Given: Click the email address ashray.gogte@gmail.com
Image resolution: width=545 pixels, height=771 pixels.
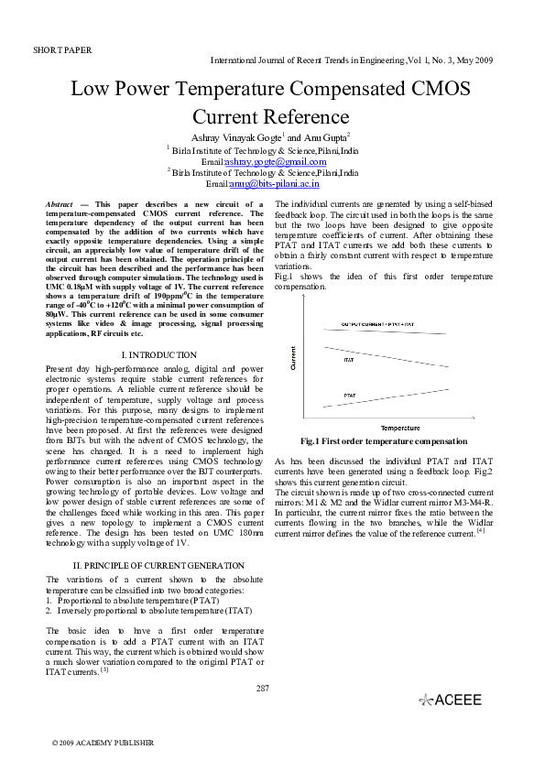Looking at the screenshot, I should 282,161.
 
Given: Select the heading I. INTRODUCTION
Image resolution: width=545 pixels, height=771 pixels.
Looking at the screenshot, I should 158,354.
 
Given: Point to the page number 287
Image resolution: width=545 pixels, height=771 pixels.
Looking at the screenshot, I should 263,688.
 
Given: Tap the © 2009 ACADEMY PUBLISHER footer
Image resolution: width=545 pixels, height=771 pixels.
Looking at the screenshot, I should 103,743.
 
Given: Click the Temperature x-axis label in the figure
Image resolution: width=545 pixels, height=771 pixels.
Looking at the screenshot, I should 400,428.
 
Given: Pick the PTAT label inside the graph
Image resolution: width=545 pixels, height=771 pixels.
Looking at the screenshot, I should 349,395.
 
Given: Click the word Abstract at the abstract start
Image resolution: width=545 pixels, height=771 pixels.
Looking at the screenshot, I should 60,203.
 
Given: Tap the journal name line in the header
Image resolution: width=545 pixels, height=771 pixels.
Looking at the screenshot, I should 352,60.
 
